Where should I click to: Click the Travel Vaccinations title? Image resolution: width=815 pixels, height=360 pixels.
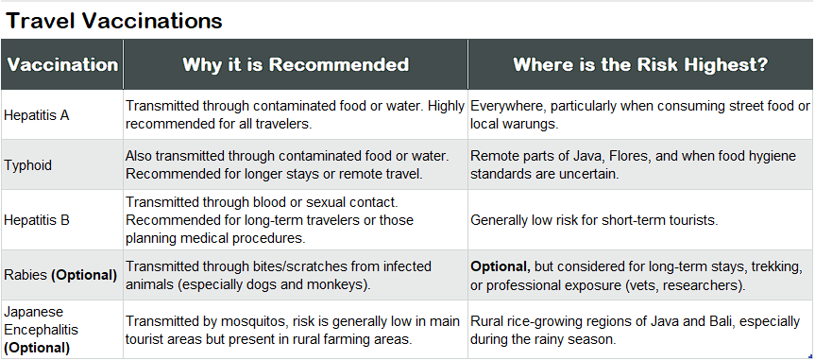tap(114, 20)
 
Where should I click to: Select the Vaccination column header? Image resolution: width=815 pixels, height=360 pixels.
tap(62, 65)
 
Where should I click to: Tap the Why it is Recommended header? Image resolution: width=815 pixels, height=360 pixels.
tap(296, 65)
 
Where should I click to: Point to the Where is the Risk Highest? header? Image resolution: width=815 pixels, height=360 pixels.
tap(639, 65)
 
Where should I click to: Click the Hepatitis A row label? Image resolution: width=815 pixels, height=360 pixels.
tap(37, 115)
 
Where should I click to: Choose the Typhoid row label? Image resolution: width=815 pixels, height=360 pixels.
tap(28, 165)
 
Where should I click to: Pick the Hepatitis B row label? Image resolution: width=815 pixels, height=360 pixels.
tap(37, 220)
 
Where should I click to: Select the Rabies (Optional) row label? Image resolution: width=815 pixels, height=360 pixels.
tap(60, 275)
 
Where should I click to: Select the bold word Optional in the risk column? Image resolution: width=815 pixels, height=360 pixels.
tap(501, 266)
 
